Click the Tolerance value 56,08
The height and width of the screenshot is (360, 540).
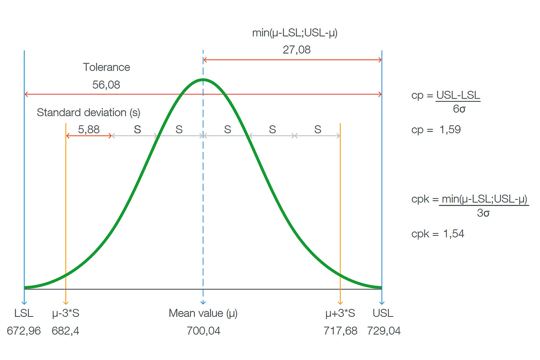[x=106, y=85]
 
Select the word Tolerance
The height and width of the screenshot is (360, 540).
[x=106, y=67]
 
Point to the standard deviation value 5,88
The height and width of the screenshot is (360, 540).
[x=89, y=130]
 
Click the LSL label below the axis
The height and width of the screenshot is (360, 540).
[x=24, y=314]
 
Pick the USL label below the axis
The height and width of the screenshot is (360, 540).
[x=382, y=314]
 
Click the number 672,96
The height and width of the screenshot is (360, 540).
[x=24, y=331]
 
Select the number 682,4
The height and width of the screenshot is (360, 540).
[x=66, y=331]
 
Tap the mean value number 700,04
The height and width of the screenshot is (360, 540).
[x=203, y=331]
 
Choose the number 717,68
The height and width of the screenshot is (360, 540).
[x=340, y=331]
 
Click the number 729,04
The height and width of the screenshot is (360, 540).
[x=384, y=331]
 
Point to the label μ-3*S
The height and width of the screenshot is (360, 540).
[x=66, y=314]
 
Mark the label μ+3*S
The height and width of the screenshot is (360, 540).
[x=340, y=314]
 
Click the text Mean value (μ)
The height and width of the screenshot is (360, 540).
[x=203, y=314]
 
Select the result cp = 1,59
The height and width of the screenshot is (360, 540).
[x=436, y=130]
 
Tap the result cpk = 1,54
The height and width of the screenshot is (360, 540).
[x=438, y=234]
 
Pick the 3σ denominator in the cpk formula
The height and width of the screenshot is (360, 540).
[x=483, y=213]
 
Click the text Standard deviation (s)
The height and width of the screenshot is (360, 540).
[x=92, y=112]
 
